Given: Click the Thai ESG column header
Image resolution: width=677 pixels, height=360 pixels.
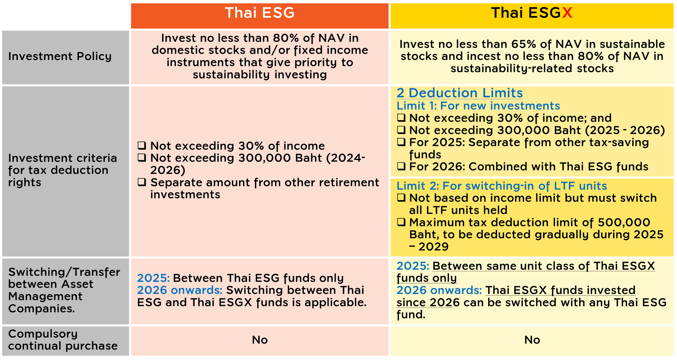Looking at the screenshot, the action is [260, 13].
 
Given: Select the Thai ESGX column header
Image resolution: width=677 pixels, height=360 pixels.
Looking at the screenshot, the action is [532, 13].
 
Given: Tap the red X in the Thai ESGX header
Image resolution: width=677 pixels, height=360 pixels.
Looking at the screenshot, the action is [567, 13].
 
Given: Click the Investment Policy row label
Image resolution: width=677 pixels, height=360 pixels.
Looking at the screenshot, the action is [60, 56].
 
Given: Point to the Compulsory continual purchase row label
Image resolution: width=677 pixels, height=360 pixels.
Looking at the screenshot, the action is [63, 340].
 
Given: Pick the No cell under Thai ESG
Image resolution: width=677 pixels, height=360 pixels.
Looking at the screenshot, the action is [260, 340].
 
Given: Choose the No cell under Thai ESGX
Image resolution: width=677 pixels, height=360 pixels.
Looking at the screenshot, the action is [532, 340].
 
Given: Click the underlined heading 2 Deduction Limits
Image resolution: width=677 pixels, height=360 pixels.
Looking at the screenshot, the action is [460, 93].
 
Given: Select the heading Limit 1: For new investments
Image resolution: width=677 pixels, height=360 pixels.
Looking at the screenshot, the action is [478, 106].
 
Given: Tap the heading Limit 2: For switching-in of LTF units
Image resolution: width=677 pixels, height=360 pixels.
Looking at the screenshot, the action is [502, 186].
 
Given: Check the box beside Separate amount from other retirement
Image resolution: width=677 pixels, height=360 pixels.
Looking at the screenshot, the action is [142, 182].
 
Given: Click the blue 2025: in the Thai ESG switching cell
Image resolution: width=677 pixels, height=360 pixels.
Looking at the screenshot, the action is [153, 278].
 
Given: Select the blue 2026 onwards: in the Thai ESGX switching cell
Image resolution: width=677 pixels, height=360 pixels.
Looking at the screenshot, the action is [439, 290].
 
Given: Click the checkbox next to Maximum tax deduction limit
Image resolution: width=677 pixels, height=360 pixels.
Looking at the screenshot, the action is [401, 222].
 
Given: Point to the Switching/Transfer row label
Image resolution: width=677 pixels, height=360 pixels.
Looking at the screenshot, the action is [64, 290].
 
